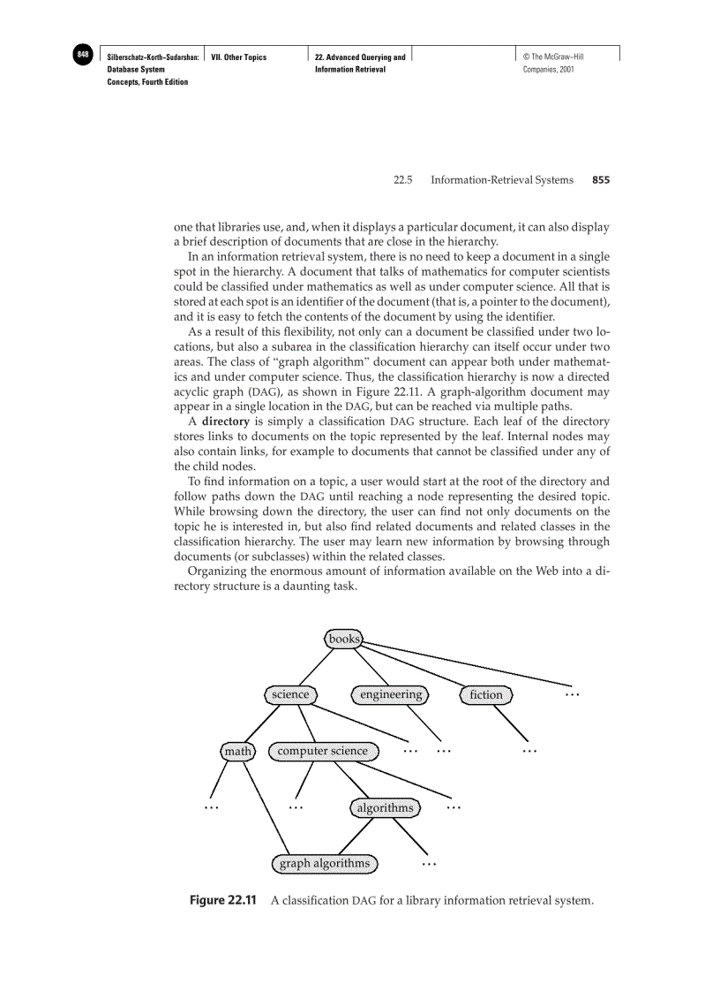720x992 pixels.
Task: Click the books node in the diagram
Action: click(x=344, y=639)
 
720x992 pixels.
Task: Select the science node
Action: click(x=290, y=695)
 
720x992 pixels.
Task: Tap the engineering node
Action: click(x=391, y=695)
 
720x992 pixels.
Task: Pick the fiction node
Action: click(x=485, y=695)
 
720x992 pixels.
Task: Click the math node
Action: click(x=237, y=752)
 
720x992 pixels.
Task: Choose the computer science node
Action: click(x=323, y=752)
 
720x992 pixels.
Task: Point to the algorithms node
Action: click(x=385, y=808)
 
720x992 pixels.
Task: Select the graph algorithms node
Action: click(x=325, y=864)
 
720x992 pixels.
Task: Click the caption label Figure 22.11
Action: click(x=223, y=901)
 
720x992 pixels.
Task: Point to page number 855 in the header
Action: click(x=601, y=180)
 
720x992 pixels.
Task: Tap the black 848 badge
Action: click(x=83, y=55)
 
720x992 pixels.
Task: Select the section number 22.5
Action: click(x=403, y=180)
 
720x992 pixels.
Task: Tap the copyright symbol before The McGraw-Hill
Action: click(x=526, y=57)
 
